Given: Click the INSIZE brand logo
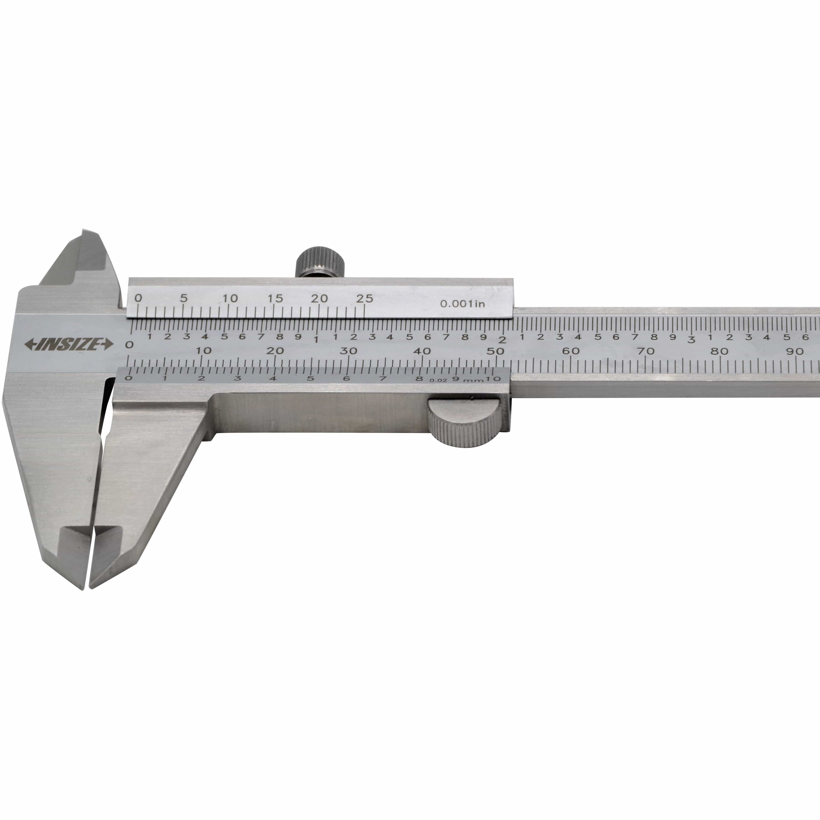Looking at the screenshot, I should (x=69, y=344).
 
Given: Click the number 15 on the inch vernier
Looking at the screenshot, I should (x=275, y=298).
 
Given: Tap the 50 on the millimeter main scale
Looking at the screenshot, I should (x=496, y=351).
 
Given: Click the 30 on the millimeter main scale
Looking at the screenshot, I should (x=348, y=351).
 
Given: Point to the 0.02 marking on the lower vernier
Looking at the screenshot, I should (x=438, y=380).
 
